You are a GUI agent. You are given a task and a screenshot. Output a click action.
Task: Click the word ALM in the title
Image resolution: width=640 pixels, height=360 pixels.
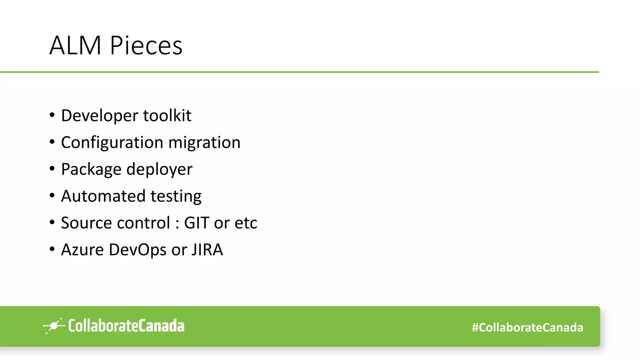tap(75, 46)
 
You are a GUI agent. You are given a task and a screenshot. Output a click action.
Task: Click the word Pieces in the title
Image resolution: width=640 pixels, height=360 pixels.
tap(146, 46)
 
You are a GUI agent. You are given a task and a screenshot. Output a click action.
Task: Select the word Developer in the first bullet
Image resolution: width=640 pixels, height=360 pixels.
tap(99, 116)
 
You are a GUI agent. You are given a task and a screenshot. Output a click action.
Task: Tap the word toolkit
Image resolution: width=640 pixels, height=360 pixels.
tap(167, 116)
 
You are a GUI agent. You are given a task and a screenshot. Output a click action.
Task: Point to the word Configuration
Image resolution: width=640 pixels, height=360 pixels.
tap(112, 143)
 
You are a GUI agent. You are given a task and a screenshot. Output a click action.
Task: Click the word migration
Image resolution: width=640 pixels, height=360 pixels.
tap(204, 143)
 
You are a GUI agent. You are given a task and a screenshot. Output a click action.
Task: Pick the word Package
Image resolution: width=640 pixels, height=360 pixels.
tap(91, 170)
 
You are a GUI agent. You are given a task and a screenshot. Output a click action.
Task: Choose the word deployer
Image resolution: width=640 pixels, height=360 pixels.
tap(159, 170)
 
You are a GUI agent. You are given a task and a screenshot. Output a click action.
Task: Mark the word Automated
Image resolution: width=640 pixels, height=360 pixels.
tap(103, 196)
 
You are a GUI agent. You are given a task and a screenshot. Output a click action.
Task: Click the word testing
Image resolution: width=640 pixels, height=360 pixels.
tap(176, 197)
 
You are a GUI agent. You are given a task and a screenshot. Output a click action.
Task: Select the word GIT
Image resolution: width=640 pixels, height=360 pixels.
tap(197, 223)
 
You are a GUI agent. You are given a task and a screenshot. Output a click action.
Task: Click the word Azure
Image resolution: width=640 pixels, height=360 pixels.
tap(82, 250)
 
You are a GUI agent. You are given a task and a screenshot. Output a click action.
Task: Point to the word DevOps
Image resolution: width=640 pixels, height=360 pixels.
tap(137, 250)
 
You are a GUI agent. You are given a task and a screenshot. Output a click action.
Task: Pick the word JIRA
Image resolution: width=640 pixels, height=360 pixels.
tap(207, 250)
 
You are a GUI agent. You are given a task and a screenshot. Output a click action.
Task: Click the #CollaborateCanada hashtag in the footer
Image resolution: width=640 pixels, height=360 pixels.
tap(527, 327)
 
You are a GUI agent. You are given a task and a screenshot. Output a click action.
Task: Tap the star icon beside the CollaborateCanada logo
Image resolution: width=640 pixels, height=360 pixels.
tap(54, 326)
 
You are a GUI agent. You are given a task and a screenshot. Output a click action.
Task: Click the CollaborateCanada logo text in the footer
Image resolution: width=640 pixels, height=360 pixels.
tap(126, 326)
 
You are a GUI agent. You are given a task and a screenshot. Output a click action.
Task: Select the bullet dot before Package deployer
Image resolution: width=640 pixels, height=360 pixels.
tap(52, 169)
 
